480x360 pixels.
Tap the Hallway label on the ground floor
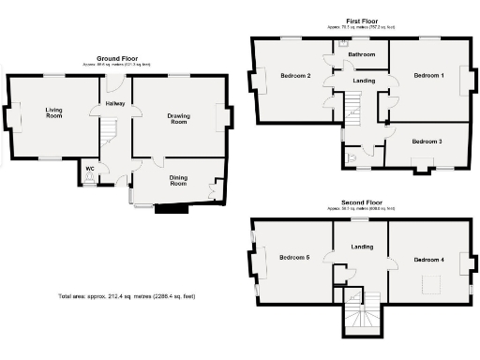[115, 103]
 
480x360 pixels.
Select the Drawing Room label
[178, 119]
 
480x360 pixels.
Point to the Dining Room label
[178, 180]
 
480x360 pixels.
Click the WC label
[90, 169]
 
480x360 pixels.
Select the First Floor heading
[362, 21]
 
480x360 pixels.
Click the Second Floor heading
[362, 202]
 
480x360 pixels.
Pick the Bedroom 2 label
[295, 76]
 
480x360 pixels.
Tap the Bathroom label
[362, 55]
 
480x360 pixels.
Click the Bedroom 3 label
[427, 142]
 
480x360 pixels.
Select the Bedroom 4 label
[428, 258]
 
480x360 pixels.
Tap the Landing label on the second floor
[362, 247]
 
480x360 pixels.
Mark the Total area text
[127, 296]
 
